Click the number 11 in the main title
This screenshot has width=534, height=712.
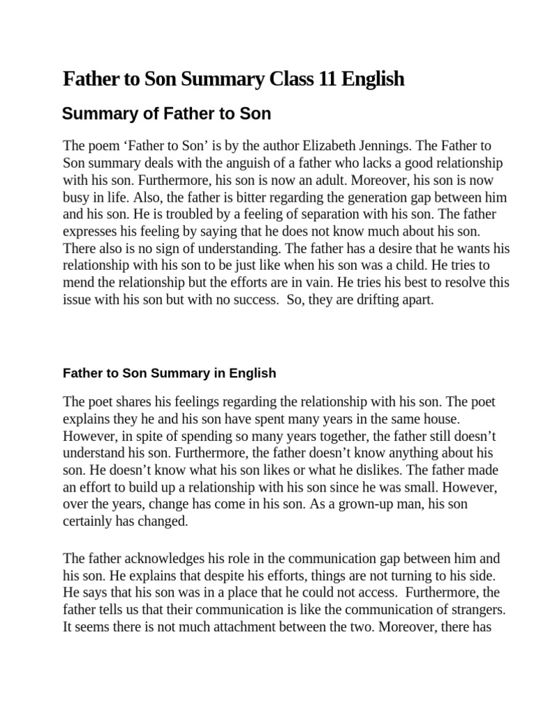click(326, 79)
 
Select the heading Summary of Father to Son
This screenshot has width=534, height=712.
click(166, 113)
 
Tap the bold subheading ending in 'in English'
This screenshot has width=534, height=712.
click(169, 373)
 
